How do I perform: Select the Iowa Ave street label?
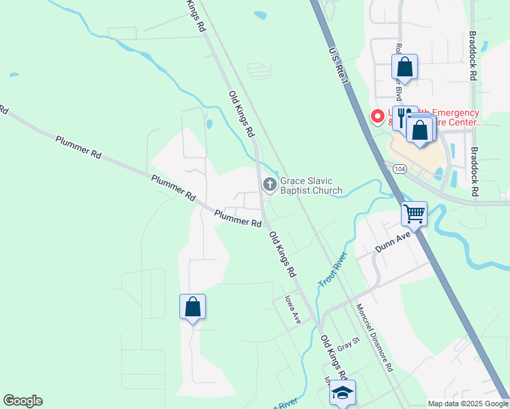pyautogui.click(x=292, y=309)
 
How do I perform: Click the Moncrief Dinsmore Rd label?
pyautogui.click(x=374, y=337)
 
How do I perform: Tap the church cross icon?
pyautogui.click(x=269, y=184)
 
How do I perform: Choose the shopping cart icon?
pyautogui.click(x=414, y=213)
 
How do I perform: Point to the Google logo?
pyautogui.click(x=22, y=401)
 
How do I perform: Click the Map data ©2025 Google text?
pyautogui.click(x=468, y=404)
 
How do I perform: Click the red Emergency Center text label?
pyautogui.click(x=435, y=118)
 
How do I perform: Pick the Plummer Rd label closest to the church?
pyautogui.click(x=238, y=218)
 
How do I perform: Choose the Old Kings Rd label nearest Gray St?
pyautogui.click(x=335, y=358)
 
